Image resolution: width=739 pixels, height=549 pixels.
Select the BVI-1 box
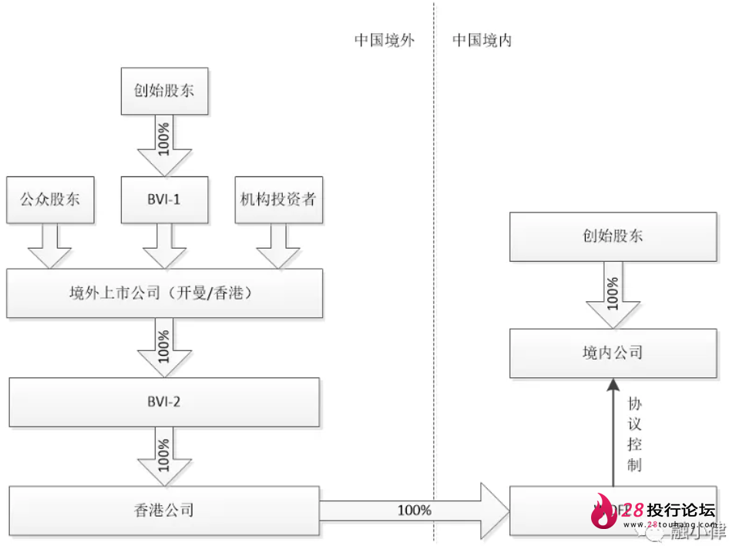pyautogui.click(x=163, y=199)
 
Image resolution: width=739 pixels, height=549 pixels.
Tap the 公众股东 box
pyautogui.click(x=49, y=199)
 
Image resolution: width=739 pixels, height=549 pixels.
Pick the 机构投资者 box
pyautogui.click(x=278, y=199)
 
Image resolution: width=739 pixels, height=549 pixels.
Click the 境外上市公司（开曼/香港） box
pyautogui.click(x=163, y=293)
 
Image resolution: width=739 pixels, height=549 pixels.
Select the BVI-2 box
pyautogui.click(x=163, y=402)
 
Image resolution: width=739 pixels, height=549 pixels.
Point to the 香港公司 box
pyautogui.click(x=163, y=509)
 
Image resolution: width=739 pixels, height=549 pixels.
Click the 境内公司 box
pyautogui.click(x=613, y=353)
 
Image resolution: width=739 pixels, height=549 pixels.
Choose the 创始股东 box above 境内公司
pyautogui.click(x=613, y=236)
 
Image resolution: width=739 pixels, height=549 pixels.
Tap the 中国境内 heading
pyautogui.click(x=482, y=41)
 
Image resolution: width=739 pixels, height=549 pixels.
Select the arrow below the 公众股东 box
pyautogui.click(x=49, y=246)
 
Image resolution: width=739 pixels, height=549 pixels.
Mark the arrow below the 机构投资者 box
pyautogui.click(x=278, y=246)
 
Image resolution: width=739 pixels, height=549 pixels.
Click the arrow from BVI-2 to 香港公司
pyautogui.click(x=163, y=456)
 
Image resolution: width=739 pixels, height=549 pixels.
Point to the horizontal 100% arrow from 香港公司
pyautogui.click(x=416, y=510)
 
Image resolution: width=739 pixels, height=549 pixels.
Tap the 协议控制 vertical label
pyautogui.click(x=634, y=435)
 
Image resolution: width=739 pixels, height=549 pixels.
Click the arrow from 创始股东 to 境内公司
pyautogui.click(x=613, y=295)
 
